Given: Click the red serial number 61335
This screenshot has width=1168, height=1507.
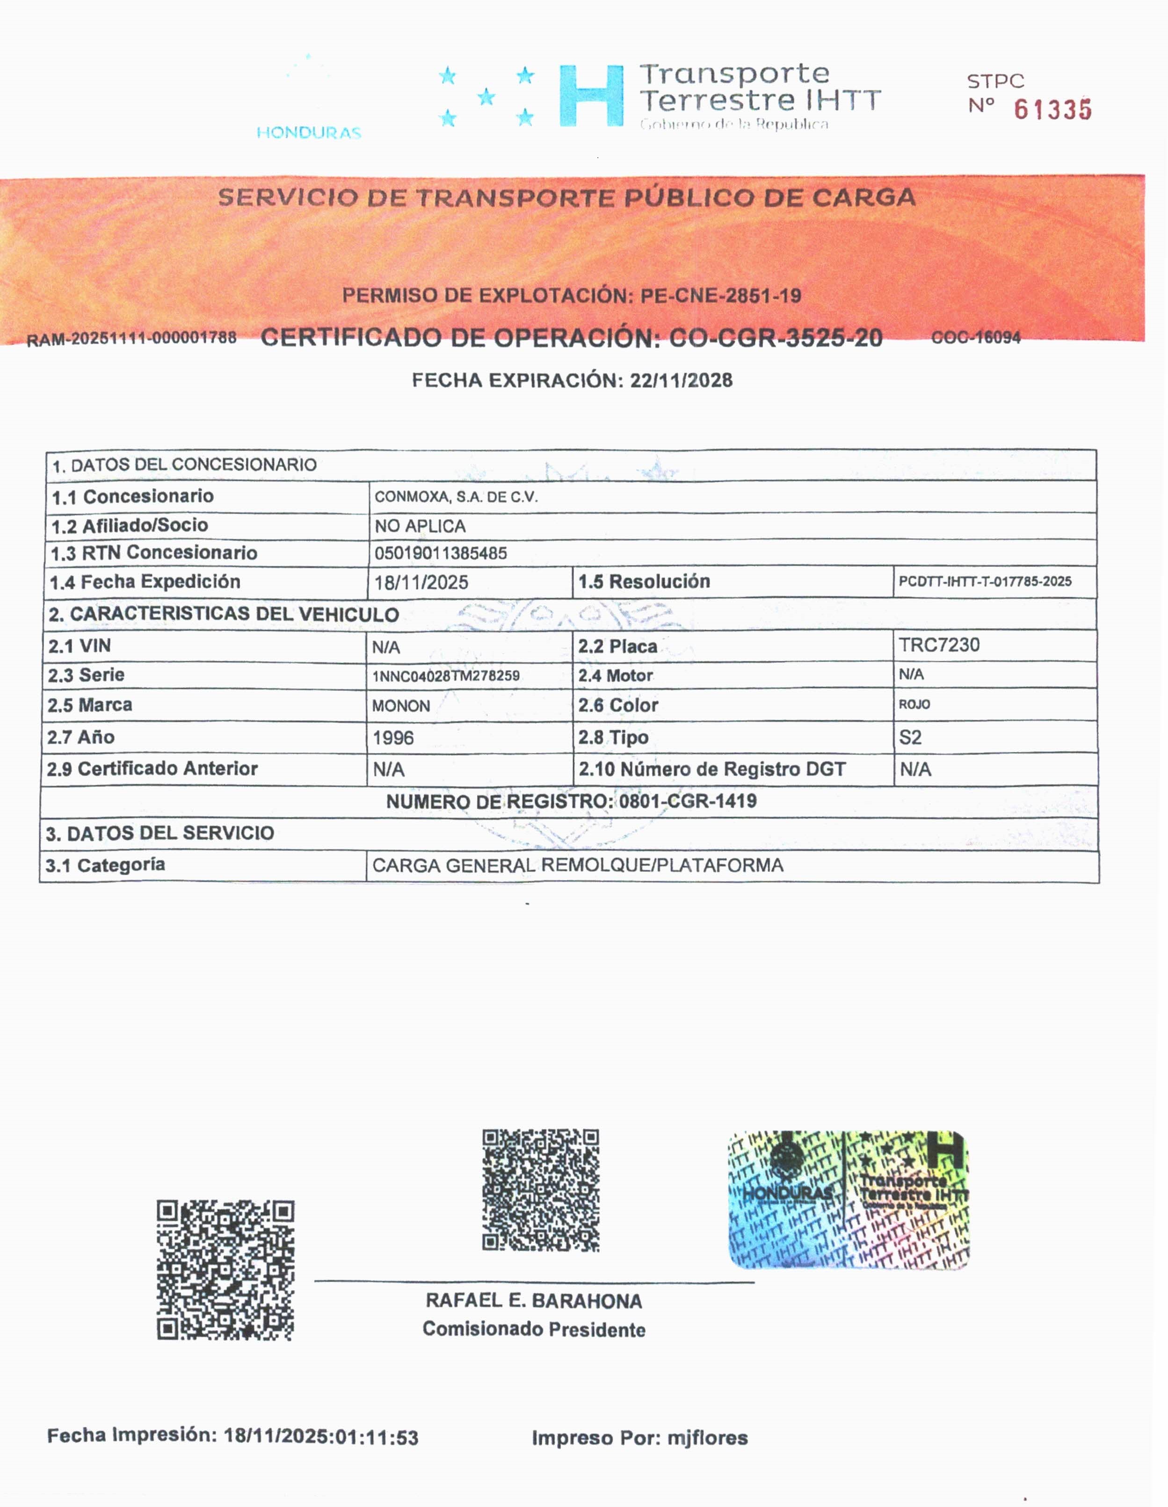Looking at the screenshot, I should click(1052, 109).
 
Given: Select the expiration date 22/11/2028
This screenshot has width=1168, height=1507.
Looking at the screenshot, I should click(681, 380).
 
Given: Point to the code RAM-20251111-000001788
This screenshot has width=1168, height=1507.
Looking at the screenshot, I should click(131, 338).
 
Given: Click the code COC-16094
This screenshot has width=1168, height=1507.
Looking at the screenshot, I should click(976, 337).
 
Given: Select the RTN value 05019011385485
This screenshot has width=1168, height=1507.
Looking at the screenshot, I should click(440, 553).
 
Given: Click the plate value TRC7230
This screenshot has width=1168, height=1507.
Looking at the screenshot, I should click(939, 645).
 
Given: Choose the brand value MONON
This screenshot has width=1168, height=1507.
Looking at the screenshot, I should click(401, 706).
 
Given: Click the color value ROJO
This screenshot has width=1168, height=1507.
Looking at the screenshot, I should click(914, 704).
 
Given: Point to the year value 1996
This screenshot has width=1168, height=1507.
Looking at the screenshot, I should click(392, 738).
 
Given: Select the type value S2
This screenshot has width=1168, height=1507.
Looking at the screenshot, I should click(910, 738).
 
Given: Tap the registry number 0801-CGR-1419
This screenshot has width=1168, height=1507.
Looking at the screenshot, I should click(687, 801).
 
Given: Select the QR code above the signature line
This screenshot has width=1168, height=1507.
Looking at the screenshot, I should click(540, 1190).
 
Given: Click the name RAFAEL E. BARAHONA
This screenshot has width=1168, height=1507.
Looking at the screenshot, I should click(533, 1301).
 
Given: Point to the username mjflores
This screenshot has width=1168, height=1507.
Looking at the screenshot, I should click(707, 1437).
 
